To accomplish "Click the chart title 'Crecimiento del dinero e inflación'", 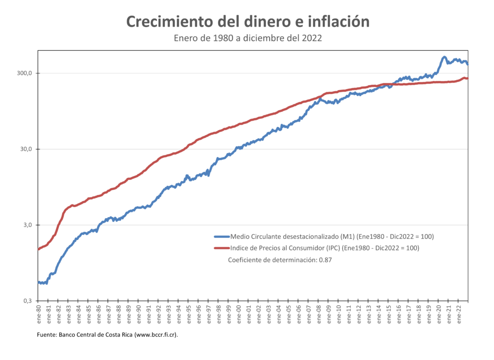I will tap(247, 22).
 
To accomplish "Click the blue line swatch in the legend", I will tap(221, 236).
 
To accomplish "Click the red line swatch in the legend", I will tap(221, 248).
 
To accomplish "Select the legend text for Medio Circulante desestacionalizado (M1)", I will tap(332, 236).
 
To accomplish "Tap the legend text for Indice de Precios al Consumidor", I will tap(325, 248).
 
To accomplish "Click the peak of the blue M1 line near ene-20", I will tap(444, 57).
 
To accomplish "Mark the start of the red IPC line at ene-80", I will tap(39, 249).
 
